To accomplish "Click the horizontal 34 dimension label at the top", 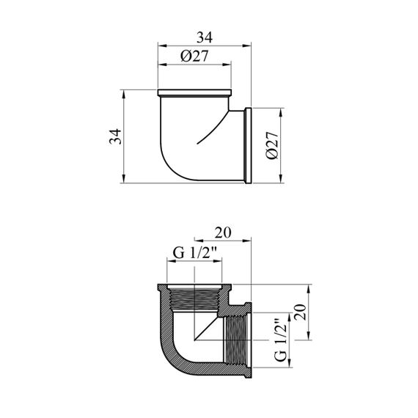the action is (205, 37).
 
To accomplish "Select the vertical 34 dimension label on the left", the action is (115, 136).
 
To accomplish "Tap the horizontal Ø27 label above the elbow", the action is (194, 56).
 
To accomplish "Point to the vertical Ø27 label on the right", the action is (273, 145).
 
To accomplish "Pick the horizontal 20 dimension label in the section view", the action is (223, 232).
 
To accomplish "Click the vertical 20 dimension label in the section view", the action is (301, 312).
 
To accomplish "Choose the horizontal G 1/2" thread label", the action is (194, 253).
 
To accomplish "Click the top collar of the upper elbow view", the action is (194, 93).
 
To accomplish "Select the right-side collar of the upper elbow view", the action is (248, 145).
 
